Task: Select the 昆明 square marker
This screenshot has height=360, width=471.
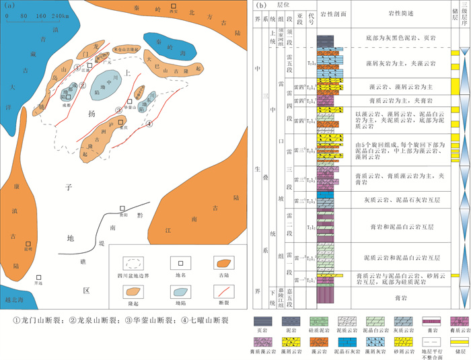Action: pos(29,245)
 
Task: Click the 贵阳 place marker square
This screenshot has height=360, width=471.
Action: pos(122,209)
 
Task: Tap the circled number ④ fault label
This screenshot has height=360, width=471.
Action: pos(149,123)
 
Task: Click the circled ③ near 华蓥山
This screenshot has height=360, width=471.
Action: pos(118,109)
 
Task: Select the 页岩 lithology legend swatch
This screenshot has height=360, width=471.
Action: pos(265,320)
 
